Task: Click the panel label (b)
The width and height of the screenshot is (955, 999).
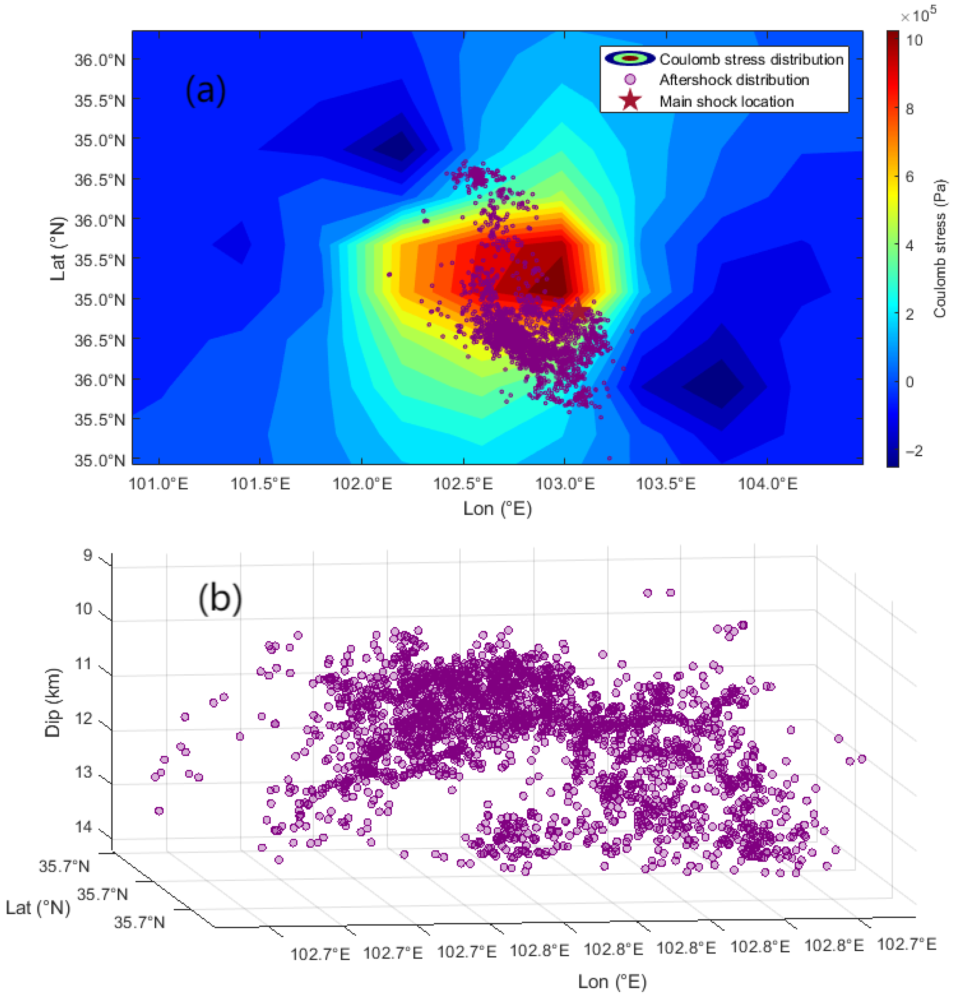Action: (x=220, y=599)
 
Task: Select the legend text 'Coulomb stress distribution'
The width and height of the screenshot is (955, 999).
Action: (x=751, y=60)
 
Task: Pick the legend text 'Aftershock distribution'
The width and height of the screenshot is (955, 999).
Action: (x=734, y=80)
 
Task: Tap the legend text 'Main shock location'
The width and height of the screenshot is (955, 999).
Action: (x=727, y=101)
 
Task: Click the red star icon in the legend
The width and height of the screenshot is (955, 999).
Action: (x=630, y=100)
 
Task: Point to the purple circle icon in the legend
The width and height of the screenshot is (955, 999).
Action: (x=630, y=80)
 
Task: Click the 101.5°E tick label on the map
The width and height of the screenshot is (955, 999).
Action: (x=260, y=483)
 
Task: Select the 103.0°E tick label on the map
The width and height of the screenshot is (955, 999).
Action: (x=565, y=483)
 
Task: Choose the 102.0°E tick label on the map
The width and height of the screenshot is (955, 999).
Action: (x=362, y=483)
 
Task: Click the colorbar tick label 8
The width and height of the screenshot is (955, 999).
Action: (x=909, y=108)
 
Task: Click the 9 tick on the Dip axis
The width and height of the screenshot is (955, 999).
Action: (x=88, y=555)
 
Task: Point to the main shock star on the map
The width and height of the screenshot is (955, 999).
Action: (x=578, y=310)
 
